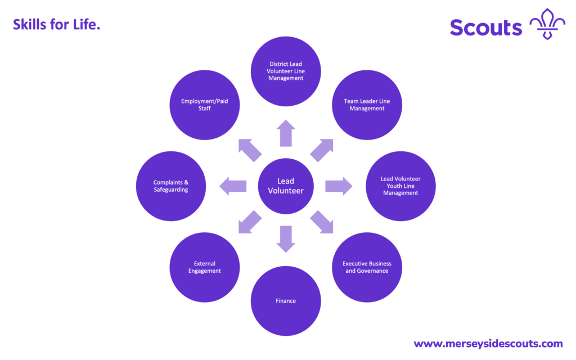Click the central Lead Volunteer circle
[x=286, y=186]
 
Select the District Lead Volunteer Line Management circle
[x=286, y=71]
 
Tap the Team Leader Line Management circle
[x=367, y=105]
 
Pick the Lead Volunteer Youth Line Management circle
[x=400, y=186]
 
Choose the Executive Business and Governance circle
[x=367, y=267]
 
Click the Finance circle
[x=286, y=301]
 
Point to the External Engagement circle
[x=205, y=267]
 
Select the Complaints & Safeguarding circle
[x=171, y=186]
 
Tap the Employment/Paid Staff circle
[x=205, y=105]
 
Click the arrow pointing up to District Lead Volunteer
[x=286, y=133]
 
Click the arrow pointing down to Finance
[x=286, y=238]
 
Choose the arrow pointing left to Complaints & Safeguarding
[x=233, y=186]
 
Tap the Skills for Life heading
[x=56, y=24]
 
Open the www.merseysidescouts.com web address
[x=488, y=344]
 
